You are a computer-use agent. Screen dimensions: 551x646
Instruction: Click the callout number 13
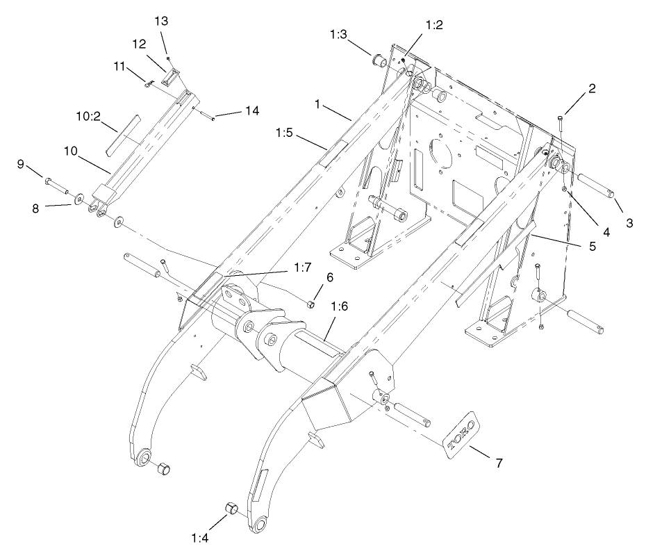pyautogui.click(x=161, y=21)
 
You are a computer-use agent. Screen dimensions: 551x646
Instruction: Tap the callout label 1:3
pyautogui.click(x=340, y=34)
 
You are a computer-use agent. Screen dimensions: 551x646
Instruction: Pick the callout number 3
pyautogui.click(x=629, y=223)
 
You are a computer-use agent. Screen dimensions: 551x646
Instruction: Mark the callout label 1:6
pyautogui.click(x=340, y=306)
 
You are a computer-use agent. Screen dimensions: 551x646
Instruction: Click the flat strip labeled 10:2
pyautogui.click(x=122, y=135)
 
